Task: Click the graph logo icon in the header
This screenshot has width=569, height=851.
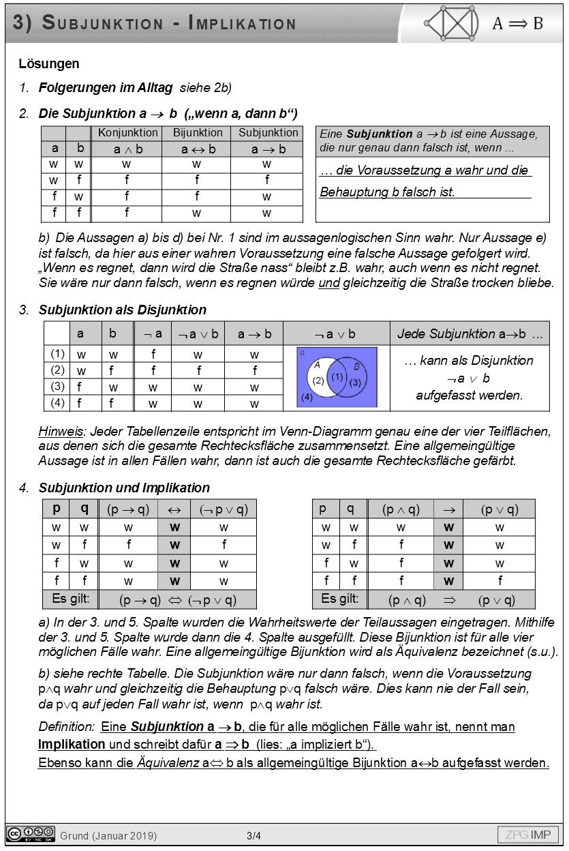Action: click(x=450, y=24)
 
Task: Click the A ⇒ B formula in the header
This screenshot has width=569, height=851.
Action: click(x=518, y=24)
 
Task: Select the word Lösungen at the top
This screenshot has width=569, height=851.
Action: click(x=49, y=64)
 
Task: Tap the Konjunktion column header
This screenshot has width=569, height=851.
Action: click(x=127, y=133)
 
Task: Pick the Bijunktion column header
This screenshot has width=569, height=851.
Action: click(x=198, y=133)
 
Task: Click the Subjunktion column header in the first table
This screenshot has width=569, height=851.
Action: click(x=268, y=133)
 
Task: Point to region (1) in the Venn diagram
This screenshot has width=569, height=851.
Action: click(x=337, y=376)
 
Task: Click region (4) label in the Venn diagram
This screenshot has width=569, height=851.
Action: click(x=307, y=397)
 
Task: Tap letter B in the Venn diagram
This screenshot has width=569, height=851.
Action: click(x=356, y=365)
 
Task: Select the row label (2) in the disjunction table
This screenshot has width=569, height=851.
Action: click(x=57, y=370)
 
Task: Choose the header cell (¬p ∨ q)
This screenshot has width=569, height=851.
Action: click(x=224, y=509)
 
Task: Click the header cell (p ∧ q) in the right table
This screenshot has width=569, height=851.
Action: click(x=401, y=509)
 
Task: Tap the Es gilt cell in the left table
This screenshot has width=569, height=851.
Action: click(x=71, y=599)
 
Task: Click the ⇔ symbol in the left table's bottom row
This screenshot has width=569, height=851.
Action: click(x=175, y=600)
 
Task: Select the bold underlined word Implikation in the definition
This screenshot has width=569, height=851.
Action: click(x=72, y=744)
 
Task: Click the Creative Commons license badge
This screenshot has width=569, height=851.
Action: click(x=31, y=833)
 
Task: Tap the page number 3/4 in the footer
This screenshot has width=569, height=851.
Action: click(x=253, y=835)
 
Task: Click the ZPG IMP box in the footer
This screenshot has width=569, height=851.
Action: click(x=528, y=835)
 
